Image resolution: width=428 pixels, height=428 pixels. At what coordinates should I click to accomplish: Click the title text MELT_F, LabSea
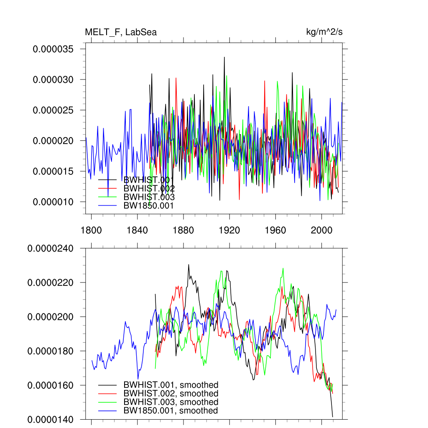(x=120, y=32)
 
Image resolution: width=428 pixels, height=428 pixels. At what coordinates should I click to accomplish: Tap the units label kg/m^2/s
(x=325, y=32)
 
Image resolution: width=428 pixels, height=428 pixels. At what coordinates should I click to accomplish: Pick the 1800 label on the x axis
(x=91, y=230)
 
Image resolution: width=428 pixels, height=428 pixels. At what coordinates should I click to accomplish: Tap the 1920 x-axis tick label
(x=229, y=230)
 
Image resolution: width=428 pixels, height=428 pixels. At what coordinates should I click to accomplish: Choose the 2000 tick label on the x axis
(x=321, y=230)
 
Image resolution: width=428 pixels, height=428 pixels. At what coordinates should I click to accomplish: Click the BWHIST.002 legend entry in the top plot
(x=149, y=189)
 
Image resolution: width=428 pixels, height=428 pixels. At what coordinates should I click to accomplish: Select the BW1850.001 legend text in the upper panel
(x=148, y=206)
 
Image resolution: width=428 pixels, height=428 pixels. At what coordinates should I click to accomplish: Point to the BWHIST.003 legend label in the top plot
(x=149, y=197)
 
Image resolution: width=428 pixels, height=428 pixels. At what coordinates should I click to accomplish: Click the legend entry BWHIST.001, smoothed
(x=171, y=385)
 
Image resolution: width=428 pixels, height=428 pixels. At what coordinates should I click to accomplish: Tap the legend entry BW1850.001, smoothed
(x=171, y=411)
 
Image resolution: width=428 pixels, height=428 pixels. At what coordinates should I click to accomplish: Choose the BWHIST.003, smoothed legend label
(x=171, y=402)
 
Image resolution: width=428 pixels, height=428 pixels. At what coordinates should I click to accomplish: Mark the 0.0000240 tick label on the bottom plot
(x=50, y=249)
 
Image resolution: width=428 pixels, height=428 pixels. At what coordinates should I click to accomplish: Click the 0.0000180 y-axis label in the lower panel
(x=50, y=351)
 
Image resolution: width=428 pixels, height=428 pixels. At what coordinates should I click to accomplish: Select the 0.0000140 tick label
(x=50, y=419)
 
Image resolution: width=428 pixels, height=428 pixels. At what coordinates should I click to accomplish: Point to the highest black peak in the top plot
(x=224, y=57)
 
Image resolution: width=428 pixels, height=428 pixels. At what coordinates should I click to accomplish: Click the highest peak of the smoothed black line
(x=189, y=265)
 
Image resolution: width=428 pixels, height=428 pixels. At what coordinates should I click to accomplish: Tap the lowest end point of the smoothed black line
(x=333, y=416)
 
